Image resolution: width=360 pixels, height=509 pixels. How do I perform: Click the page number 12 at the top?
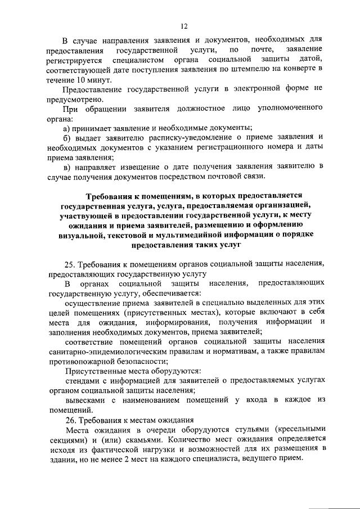click(x=183, y=25)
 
